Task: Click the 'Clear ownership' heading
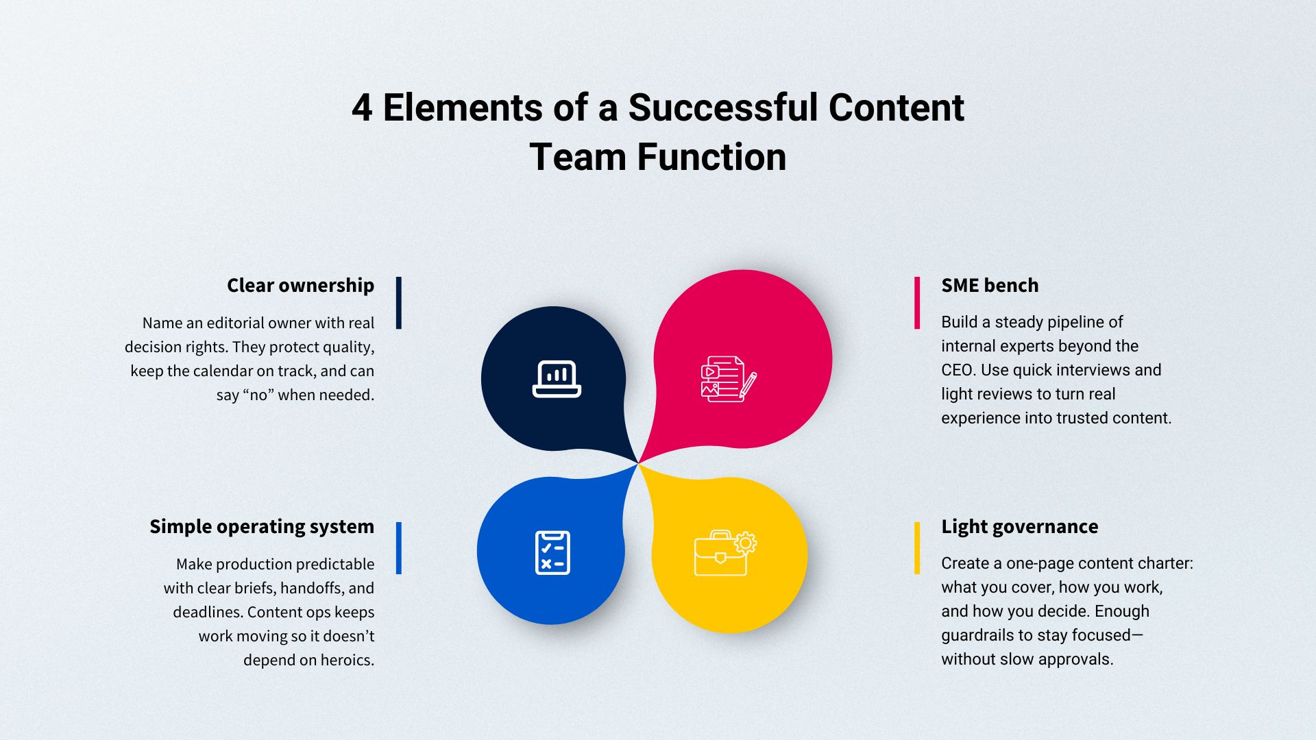pos(300,286)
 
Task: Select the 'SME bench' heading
pos(990,285)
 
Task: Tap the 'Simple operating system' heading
pos(262,527)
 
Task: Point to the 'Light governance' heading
pos(1019,527)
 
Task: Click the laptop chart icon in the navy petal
pos(557,379)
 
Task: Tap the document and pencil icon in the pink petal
pos(729,378)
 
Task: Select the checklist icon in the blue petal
pos(552,552)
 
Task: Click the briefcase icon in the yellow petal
pos(725,553)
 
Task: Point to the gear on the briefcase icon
pos(745,543)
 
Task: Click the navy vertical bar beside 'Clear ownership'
pos(399,303)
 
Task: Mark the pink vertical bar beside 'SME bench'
pos(917,303)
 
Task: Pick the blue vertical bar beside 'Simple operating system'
pos(399,548)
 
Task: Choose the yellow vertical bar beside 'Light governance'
pos(917,548)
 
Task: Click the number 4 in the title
pos(362,108)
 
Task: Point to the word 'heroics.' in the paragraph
pos(343,661)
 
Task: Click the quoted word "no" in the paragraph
pos(258,395)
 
